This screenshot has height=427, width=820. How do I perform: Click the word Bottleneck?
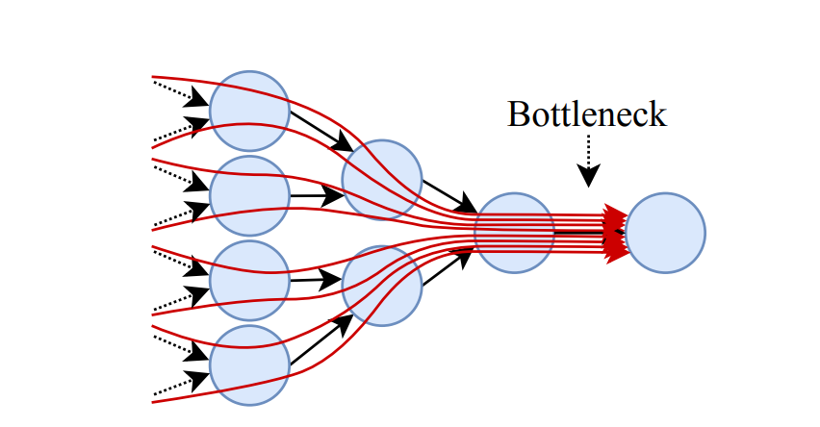pyautogui.click(x=586, y=114)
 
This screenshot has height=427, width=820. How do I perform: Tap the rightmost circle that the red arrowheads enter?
pyautogui.click(x=666, y=232)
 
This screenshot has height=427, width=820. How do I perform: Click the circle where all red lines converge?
pyautogui.click(x=515, y=233)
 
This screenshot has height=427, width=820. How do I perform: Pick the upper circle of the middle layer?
pyautogui.click(x=382, y=179)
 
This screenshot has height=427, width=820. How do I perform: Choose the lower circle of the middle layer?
pyautogui.click(x=382, y=285)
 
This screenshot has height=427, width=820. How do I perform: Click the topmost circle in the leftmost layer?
pyautogui.click(x=249, y=110)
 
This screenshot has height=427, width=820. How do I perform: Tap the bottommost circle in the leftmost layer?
pyautogui.click(x=249, y=365)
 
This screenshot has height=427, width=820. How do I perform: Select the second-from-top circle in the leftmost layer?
pyautogui.click(x=249, y=195)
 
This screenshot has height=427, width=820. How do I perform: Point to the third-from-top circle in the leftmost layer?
pyautogui.click(x=249, y=280)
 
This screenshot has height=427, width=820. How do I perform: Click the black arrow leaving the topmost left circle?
pyautogui.click(x=321, y=130)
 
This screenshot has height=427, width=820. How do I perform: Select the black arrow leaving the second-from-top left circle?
pyautogui.click(x=317, y=196)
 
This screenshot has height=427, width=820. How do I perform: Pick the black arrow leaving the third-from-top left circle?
pyautogui.click(x=317, y=282)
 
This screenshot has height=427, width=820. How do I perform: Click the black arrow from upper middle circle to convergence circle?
pyautogui.click(x=449, y=195)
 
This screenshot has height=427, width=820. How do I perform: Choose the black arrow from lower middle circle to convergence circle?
pyautogui.click(x=448, y=268)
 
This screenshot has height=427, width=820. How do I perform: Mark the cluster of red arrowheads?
pyautogui.click(x=615, y=232)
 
